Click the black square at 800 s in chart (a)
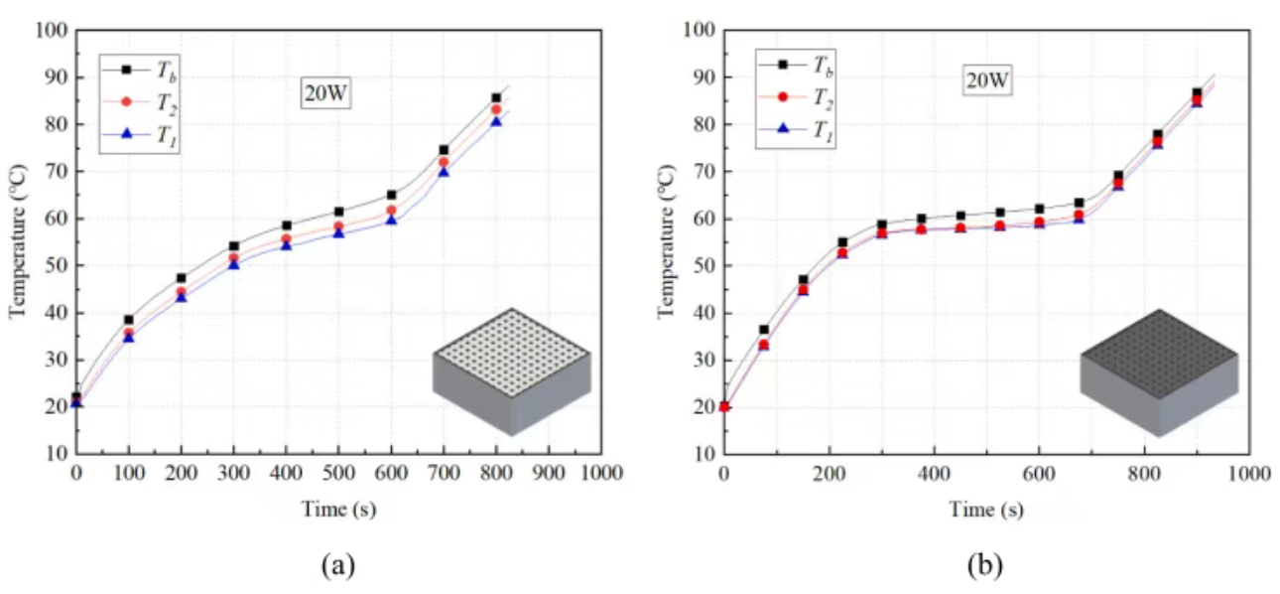click(496, 98)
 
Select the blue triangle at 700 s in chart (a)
click(444, 172)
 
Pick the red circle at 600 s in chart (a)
click(391, 211)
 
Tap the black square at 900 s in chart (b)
click(1197, 93)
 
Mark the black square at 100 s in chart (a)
click(128, 320)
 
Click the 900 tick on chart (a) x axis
click(549, 474)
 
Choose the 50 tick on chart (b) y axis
click(704, 266)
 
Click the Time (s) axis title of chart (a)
click(338, 510)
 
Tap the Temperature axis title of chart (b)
click(667, 242)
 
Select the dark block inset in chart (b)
click(1158, 371)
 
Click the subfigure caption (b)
click(985, 565)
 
